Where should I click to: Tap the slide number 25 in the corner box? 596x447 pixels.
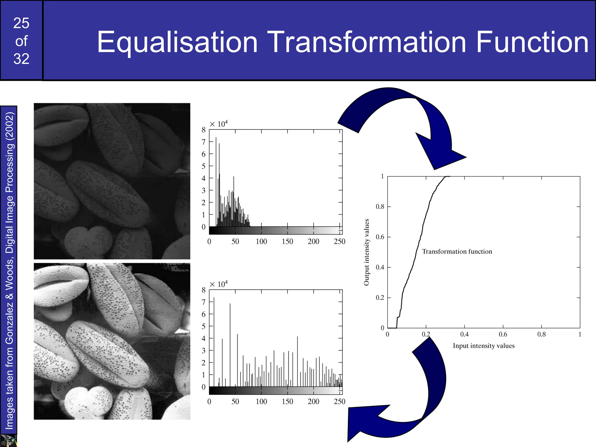(21, 23)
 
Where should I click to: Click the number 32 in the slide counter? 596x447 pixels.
(21, 59)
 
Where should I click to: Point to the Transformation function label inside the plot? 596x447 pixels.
(457, 251)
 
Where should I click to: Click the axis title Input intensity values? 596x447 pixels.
(483, 346)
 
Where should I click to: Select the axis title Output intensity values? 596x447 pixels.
(366, 252)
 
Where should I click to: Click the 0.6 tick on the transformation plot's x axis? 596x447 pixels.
(503, 334)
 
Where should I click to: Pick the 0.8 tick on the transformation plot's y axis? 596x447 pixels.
(380, 207)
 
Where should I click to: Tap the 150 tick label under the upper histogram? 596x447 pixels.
(287, 242)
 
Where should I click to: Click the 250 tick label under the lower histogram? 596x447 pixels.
(339, 402)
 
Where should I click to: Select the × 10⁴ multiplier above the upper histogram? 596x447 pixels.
(219, 124)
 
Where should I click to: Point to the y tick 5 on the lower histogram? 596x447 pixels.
(203, 326)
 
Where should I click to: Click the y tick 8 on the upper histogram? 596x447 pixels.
(203, 130)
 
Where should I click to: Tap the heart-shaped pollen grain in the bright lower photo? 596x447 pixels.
(87, 402)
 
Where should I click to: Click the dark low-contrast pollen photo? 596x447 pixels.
(112, 181)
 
